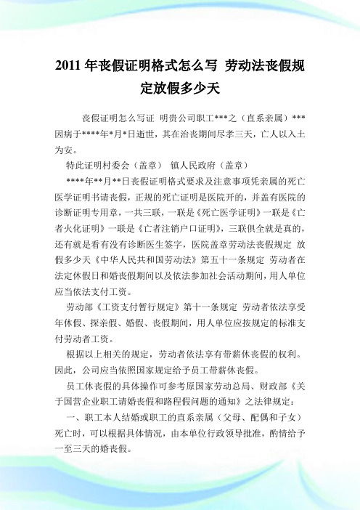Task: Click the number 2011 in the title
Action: click(x=69, y=68)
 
